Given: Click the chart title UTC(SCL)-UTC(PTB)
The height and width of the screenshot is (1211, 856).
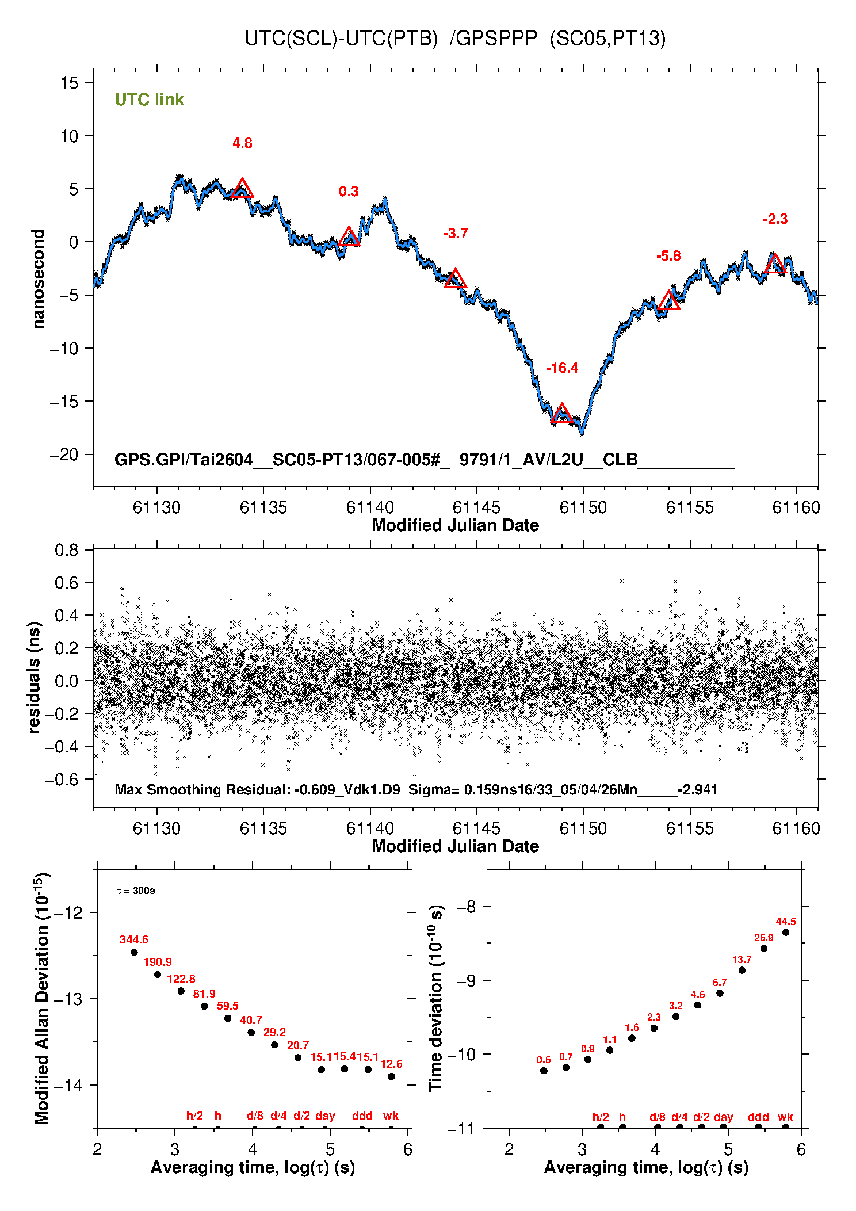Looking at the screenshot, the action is coord(341,39).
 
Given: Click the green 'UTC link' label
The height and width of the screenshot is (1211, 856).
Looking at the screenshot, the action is coord(149,100).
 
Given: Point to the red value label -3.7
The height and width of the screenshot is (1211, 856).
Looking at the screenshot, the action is coord(456,234).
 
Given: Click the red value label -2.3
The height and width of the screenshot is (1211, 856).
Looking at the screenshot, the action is coord(775,219).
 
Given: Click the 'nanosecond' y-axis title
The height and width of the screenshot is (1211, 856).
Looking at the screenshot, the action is coord(39,279).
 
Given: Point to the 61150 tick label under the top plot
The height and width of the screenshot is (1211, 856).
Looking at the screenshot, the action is coord(583,507).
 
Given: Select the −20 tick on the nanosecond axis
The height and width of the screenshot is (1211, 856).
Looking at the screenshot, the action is coord(63,454).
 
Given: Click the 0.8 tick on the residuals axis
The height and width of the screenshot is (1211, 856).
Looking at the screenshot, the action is coord(67,550).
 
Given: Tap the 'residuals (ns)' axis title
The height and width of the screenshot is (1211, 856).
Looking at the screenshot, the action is coord(35,678).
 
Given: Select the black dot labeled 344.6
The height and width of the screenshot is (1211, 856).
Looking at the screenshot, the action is coord(134,952).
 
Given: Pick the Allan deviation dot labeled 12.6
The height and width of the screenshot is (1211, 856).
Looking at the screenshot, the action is coord(391,1076).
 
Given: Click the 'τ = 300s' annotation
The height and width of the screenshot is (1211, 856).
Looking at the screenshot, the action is coord(136,891).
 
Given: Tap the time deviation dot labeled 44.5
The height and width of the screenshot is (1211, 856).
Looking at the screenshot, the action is coord(785,932).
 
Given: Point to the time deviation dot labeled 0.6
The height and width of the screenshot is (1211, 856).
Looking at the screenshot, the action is coord(544,1071).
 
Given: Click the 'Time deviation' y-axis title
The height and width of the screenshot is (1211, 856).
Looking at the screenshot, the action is coord(436,999).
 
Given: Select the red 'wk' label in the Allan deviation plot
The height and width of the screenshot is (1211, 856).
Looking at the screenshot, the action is coord(391,1116).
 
